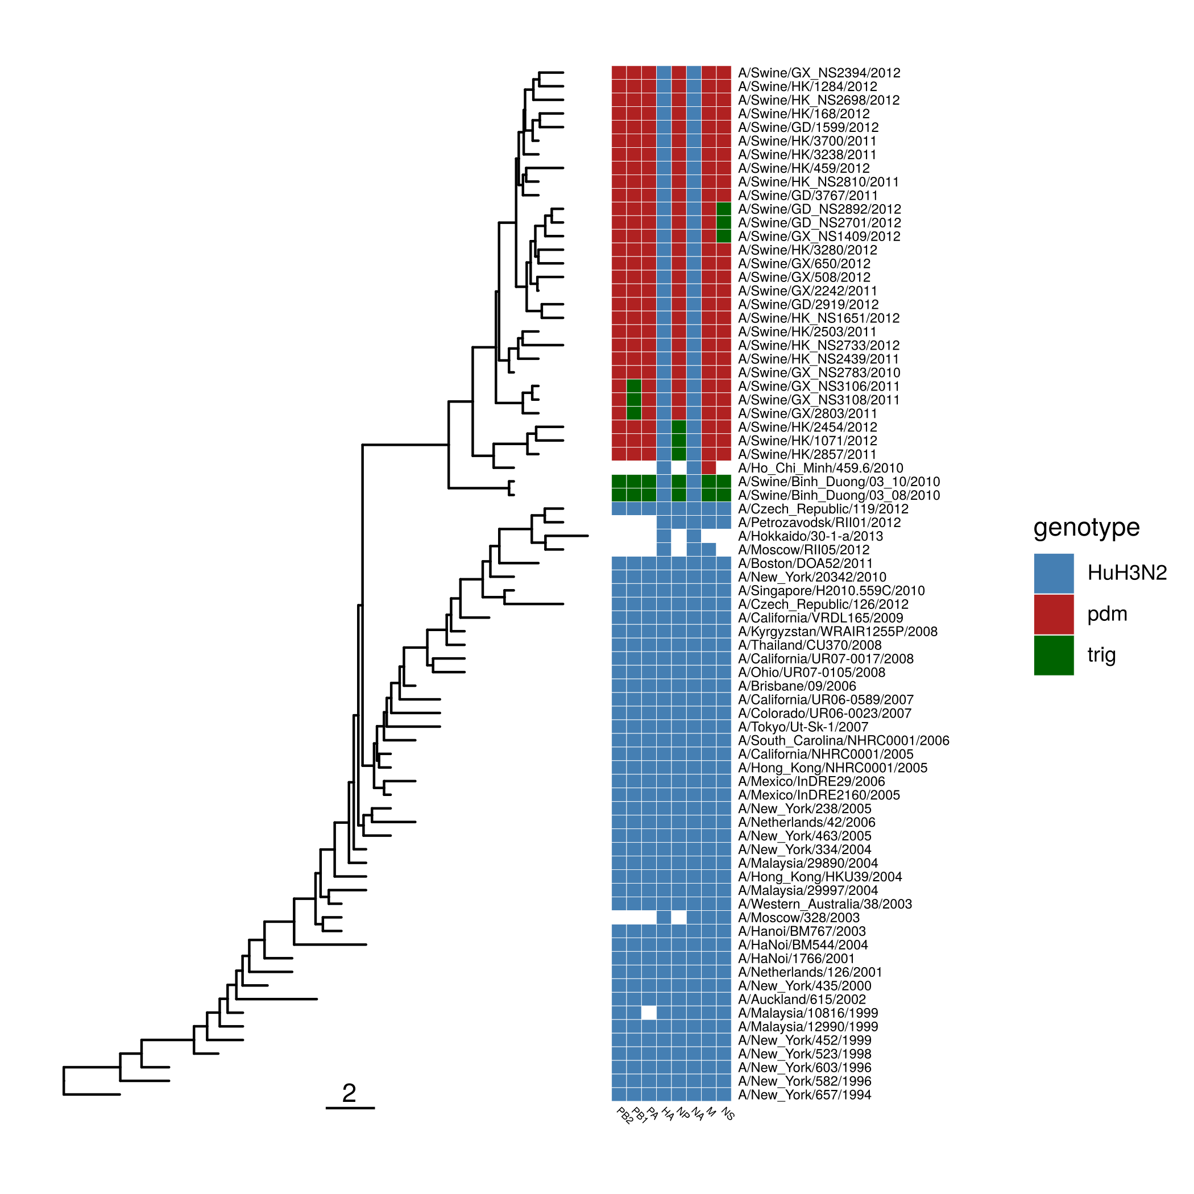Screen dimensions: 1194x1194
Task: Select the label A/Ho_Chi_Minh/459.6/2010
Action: (820, 469)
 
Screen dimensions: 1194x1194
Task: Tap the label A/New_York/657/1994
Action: (804, 1094)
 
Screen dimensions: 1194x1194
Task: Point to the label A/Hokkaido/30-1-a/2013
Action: (810, 536)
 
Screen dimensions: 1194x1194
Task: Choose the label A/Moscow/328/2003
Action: (798, 918)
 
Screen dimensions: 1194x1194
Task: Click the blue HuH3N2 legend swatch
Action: (1053, 573)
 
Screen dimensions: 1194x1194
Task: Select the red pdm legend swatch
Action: (1053, 613)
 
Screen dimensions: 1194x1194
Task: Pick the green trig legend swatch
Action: (1053, 654)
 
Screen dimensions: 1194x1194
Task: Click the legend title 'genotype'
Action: (1087, 527)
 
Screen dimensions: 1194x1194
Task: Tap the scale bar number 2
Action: (349, 1093)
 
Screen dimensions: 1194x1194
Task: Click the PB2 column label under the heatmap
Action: (625, 1115)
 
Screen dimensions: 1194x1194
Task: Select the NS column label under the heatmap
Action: (727, 1114)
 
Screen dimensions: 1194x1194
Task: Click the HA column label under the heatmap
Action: (668, 1114)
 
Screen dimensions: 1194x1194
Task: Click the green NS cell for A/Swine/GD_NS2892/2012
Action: (724, 209)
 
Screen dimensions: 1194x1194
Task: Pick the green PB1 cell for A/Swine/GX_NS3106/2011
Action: (633, 386)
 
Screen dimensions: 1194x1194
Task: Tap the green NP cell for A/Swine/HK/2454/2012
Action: (678, 427)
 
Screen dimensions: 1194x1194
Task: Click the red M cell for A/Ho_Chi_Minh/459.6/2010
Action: (708, 468)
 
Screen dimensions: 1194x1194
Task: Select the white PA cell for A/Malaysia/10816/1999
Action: (648, 1013)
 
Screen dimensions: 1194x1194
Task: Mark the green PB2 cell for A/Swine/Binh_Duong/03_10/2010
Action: (619, 482)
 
